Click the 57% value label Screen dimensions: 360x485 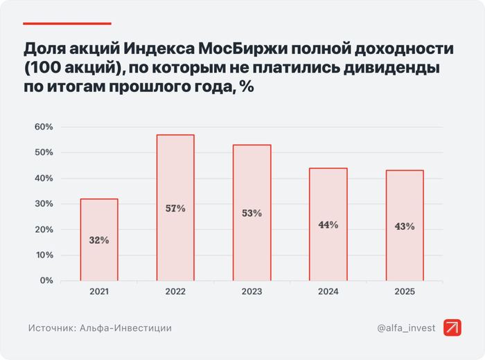click(x=175, y=208)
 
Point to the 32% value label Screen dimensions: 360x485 click(x=99, y=240)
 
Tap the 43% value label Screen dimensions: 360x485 click(x=405, y=226)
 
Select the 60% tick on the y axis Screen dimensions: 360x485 click(x=43, y=127)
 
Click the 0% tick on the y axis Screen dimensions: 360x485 click(x=46, y=280)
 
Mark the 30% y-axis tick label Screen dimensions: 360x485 click(x=43, y=204)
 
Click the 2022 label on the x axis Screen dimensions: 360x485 click(x=175, y=292)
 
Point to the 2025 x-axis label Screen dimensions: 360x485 click(x=405, y=292)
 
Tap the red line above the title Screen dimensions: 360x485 click(x=67, y=24)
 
